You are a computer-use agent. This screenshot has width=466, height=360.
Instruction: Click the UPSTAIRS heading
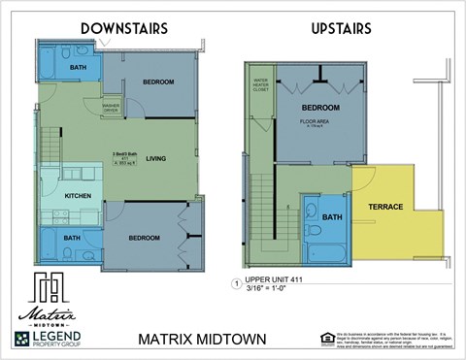tap(341, 29)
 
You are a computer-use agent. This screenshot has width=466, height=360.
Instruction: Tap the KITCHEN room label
tap(78, 196)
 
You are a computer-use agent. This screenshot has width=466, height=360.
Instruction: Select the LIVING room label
tap(156, 159)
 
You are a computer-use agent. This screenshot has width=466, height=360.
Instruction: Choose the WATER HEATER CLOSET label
tap(260, 83)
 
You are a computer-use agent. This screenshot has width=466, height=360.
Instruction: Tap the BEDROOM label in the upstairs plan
tap(319, 107)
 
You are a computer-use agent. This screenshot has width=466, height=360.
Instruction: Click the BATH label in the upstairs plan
tap(332, 217)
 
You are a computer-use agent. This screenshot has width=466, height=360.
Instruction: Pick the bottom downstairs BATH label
tap(72, 238)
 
